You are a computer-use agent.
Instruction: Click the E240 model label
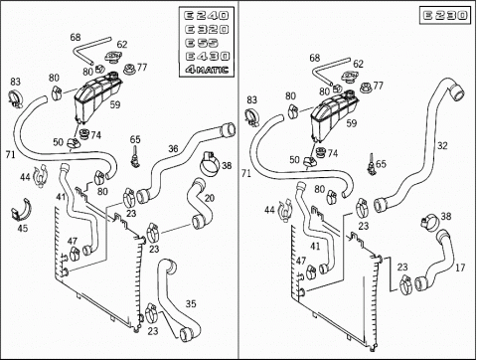tap(207, 16)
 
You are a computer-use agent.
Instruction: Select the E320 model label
tap(207, 30)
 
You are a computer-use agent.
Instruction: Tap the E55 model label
tap(202, 43)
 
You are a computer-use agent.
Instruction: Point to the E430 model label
tap(207, 56)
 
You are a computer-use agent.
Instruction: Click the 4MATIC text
tap(207, 70)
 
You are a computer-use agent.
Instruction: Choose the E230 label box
tap(445, 15)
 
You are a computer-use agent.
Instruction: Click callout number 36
tap(173, 149)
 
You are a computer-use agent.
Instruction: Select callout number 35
tap(191, 303)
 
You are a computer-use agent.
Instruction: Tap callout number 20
tap(210, 198)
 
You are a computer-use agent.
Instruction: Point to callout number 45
tap(23, 229)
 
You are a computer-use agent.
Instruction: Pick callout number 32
tap(442, 146)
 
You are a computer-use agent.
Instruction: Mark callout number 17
tap(460, 268)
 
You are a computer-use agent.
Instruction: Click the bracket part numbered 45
tap(23, 210)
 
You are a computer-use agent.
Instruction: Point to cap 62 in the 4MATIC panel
tap(112, 57)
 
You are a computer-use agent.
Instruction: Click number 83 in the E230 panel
tap(251, 99)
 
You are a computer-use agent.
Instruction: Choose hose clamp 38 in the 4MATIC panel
tap(211, 164)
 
